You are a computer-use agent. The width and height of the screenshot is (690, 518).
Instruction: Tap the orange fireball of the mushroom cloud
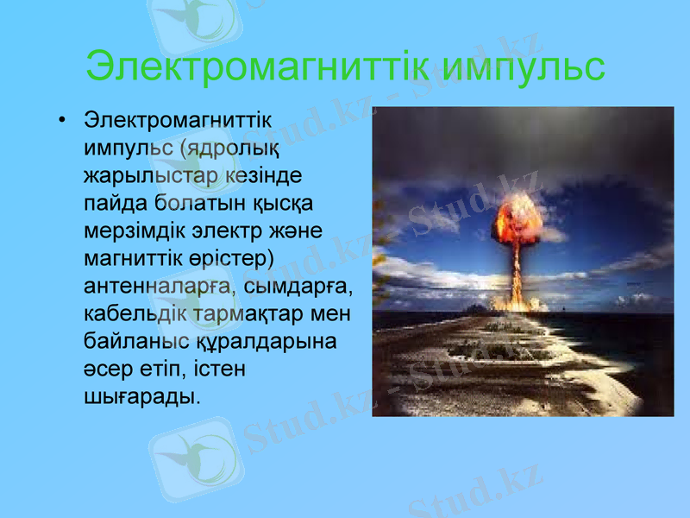point(516,219)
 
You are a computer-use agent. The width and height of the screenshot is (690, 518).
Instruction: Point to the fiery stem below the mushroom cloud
point(517,276)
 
